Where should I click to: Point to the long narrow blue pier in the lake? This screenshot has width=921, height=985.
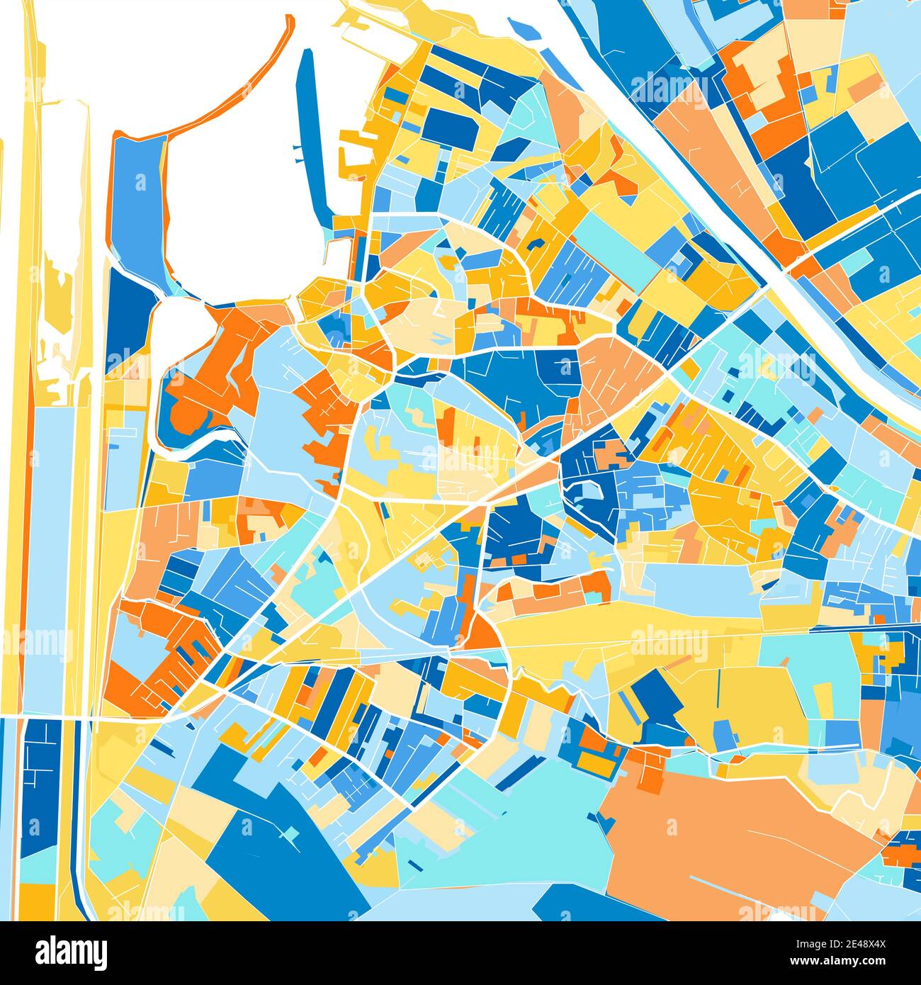coord(312,135)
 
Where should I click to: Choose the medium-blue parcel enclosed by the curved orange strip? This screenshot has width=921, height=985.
coord(138,198)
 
